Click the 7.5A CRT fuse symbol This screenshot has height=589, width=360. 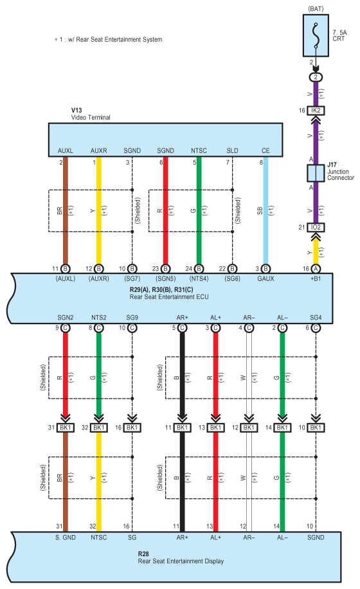tap(316, 35)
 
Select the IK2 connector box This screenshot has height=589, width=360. tap(316, 111)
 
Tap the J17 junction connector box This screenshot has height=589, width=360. tap(316, 173)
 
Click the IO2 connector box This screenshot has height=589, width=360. tap(316, 227)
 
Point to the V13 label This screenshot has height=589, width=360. tap(76, 110)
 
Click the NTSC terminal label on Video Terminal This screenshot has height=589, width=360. tap(199, 150)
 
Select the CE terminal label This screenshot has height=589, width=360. tap(265, 150)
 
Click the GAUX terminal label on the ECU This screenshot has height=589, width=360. tap(265, 278)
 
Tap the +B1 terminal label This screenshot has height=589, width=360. tap(316, 278)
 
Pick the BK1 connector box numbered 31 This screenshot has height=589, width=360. tap(66, 428)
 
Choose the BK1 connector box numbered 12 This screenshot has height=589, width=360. tap(249, 428)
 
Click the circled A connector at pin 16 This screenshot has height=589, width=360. tap(316, 269)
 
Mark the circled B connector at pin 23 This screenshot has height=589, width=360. tap(165, 269)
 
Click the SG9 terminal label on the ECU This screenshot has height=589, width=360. tap(132, 318)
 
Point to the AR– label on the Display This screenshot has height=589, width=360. tap(249, 538)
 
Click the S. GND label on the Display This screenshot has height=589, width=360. tap(66, 538)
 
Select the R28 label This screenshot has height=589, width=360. tap(143, 554)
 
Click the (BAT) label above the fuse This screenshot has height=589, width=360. tap(316, 8)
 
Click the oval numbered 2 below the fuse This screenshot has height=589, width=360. tap(316, 77)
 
